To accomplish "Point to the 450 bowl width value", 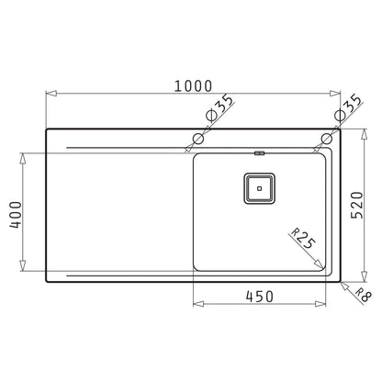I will point(264,297).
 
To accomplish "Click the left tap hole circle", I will point(197,140).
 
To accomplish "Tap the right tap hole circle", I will point(326,140).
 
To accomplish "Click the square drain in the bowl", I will point(260,186).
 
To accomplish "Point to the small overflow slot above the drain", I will point(260,153).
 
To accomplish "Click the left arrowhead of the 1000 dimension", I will point(50,92).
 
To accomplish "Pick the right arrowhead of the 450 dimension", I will point(327,307).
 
